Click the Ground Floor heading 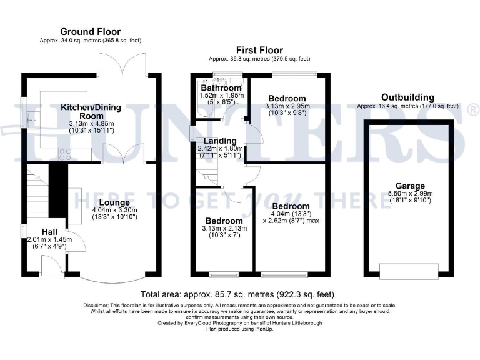[90, 32]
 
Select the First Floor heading [259, 50]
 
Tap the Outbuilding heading [408, 97]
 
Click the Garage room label [409, 186]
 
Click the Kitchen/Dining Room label [91, 111]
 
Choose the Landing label [215, 141]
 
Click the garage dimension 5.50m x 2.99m [409, 194]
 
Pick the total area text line [237, 294]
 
